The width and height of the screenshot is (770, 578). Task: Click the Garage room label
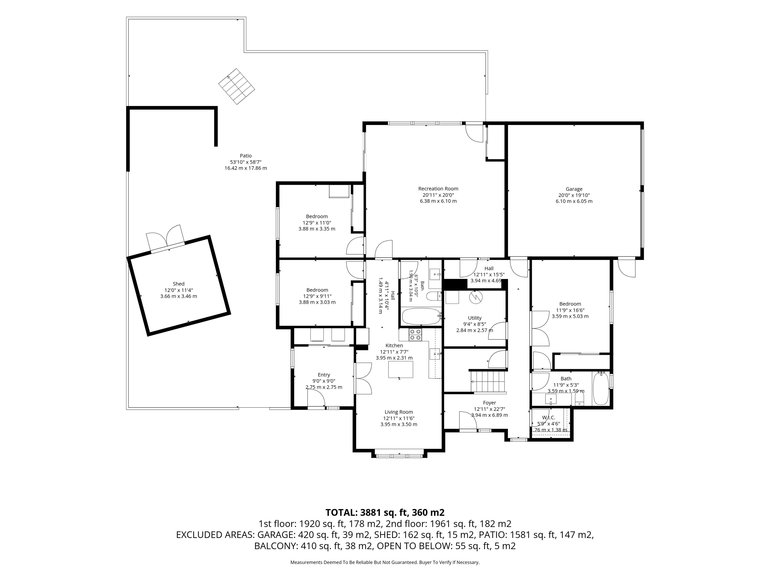(574, 189)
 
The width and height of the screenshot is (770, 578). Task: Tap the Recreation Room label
(438, 189)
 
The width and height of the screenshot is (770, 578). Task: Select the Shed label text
(178, 284)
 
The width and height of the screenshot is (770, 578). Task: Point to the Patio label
(245, 156)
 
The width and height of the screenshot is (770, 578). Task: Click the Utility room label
(474, 318)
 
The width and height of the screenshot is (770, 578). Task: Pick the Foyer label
(490, 403)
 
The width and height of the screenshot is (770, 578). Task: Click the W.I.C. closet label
(549, 418)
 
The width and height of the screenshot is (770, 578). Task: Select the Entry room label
(324, 375)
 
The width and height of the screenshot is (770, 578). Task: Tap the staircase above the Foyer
(487, 382)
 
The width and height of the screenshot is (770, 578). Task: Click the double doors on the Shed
(165, 238)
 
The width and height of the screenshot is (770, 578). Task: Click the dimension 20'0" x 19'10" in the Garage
(574, 195)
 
